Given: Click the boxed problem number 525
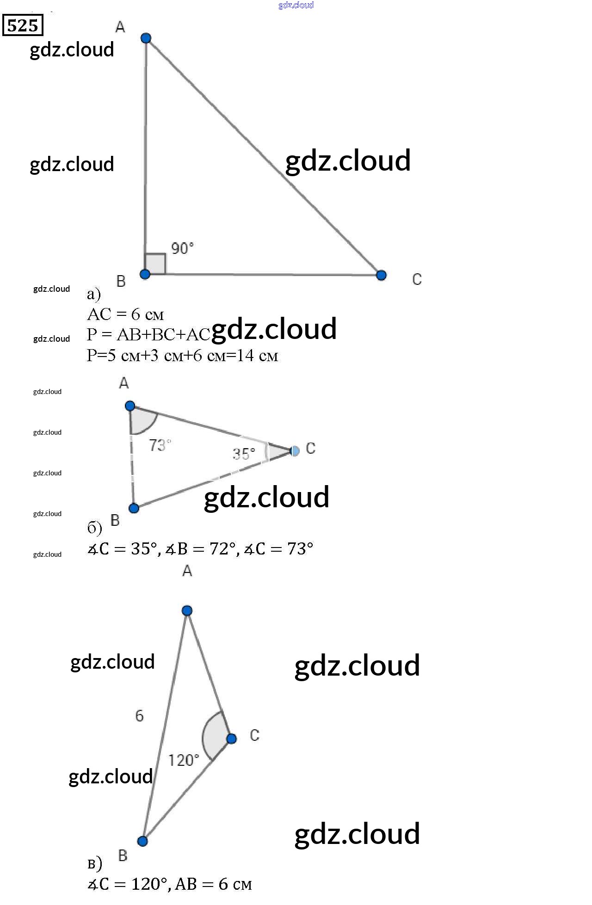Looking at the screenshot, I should (x=23, y=25).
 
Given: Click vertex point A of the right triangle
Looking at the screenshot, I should (x=146, y=38).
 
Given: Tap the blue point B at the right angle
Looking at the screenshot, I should (x=145, y=274).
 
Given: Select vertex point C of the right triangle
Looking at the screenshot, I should (x=381, y=276).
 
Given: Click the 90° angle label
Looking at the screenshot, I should (x=182, y=248).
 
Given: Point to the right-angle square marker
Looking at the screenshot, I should (x=155, y=264).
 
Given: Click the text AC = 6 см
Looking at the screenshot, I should (x=125, y=314).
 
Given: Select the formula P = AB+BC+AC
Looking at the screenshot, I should (x=148, y=334).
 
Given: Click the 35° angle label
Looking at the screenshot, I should (x=244, y=454).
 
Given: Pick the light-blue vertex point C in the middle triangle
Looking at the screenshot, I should (x=295, y=451).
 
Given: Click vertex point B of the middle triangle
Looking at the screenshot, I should (x=134, y=509).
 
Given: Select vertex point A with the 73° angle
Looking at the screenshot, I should (x=130, y=406).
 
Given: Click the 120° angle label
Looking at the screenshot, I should (x=183, y=760).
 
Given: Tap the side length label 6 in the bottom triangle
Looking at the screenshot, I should (x=139, y=716).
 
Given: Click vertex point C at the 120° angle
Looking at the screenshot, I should (x=232, y=739).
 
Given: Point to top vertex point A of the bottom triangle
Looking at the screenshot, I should (x=187, y=611).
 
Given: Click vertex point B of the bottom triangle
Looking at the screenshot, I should (x=143, y=841).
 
